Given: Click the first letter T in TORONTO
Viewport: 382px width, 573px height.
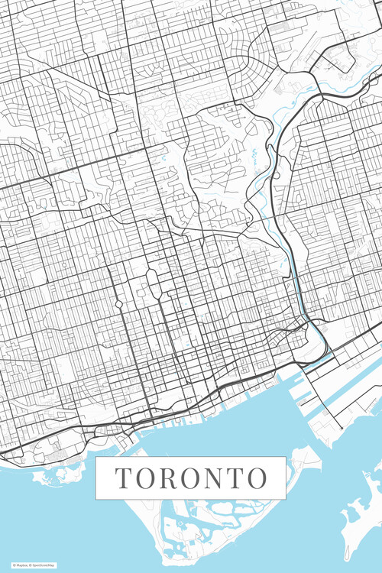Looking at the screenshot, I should [122, 478].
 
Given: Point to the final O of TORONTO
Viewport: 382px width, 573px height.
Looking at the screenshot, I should [257, 478].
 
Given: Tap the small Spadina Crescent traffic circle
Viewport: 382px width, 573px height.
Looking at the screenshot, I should [119, 303].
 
